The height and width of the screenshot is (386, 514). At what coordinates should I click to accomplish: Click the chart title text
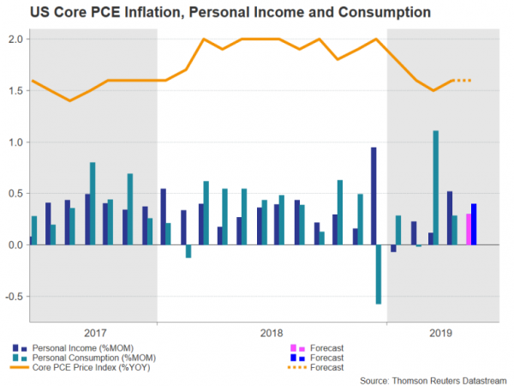tap(218, 12)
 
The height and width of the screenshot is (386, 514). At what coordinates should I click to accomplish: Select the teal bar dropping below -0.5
tap(379, 274)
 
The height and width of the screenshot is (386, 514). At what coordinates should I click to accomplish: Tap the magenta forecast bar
tap(468, 229)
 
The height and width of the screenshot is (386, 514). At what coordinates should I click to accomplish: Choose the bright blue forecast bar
tap(474, 224)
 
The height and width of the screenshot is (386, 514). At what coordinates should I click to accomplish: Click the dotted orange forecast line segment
tap(463, 81)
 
